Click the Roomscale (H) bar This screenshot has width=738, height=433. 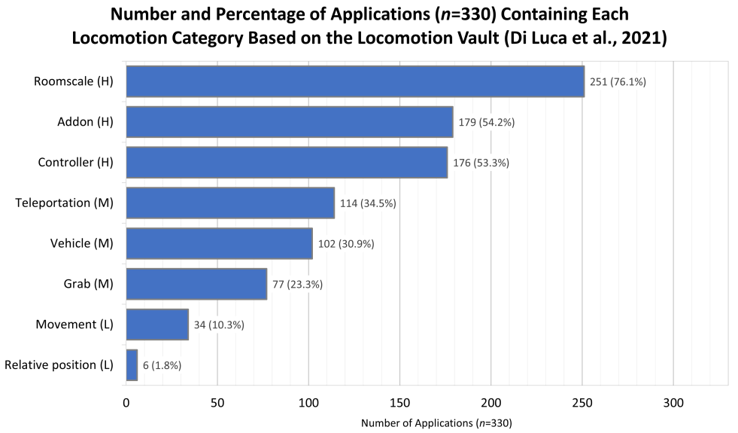[x=355, y=81]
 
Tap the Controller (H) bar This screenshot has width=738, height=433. [x=287, y=163]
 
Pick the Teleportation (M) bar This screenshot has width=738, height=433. [x=230, y=203]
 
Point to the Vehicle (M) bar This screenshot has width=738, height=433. [x=219, y=244]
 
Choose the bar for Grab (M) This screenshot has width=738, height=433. [x=196, y=285]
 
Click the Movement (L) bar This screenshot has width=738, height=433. [x=157, y=325]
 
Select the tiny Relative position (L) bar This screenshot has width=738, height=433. [x=132, y=365]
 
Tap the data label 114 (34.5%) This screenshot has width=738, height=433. [x=368, y=203]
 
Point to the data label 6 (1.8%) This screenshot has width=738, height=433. [x=162, y=365]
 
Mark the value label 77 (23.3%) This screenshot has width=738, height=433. [x=298, y=285]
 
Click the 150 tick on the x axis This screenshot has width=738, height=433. [x=399, y=403]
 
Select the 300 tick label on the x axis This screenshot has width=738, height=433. [x=673, y=403]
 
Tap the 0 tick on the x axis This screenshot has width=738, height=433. [x=126, y=403]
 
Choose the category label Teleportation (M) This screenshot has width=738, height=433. [x=64, y=203]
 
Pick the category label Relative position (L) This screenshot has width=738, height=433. [x=59, y=365]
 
